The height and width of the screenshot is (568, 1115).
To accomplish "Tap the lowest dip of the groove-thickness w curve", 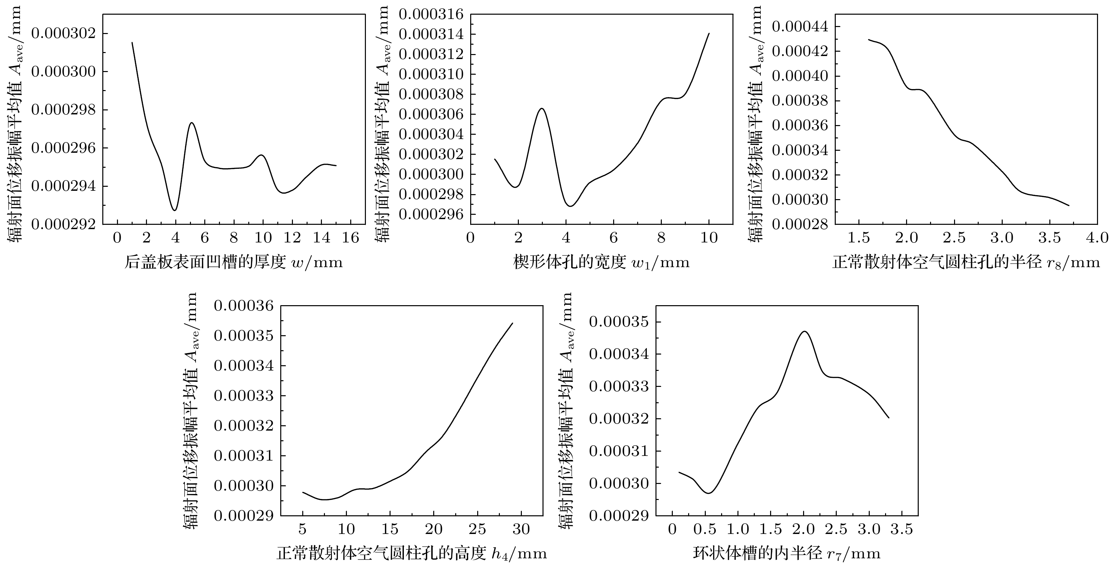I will [x=174, y=210].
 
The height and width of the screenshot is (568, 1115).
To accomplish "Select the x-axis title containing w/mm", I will [x=234, y=262].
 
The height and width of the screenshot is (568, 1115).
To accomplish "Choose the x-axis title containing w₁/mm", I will [x=601, y=262].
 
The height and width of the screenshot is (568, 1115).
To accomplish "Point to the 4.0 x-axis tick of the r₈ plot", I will [x=1098, y=237].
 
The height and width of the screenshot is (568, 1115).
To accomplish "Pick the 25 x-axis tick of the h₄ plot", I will [x=478, y=529].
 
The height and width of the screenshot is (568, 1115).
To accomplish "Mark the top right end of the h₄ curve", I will [x=513, y=323].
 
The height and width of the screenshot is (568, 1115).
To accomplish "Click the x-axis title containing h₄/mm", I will [x=412, y=554].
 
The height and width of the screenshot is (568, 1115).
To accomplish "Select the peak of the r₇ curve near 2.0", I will [x=804, y=332].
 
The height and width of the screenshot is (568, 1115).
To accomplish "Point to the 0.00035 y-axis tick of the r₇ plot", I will [x=619, y=322].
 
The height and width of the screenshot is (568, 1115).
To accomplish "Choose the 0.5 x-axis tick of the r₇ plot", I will [x=705, y=529].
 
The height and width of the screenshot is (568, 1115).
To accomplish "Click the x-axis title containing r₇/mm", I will [x=787, y=554].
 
